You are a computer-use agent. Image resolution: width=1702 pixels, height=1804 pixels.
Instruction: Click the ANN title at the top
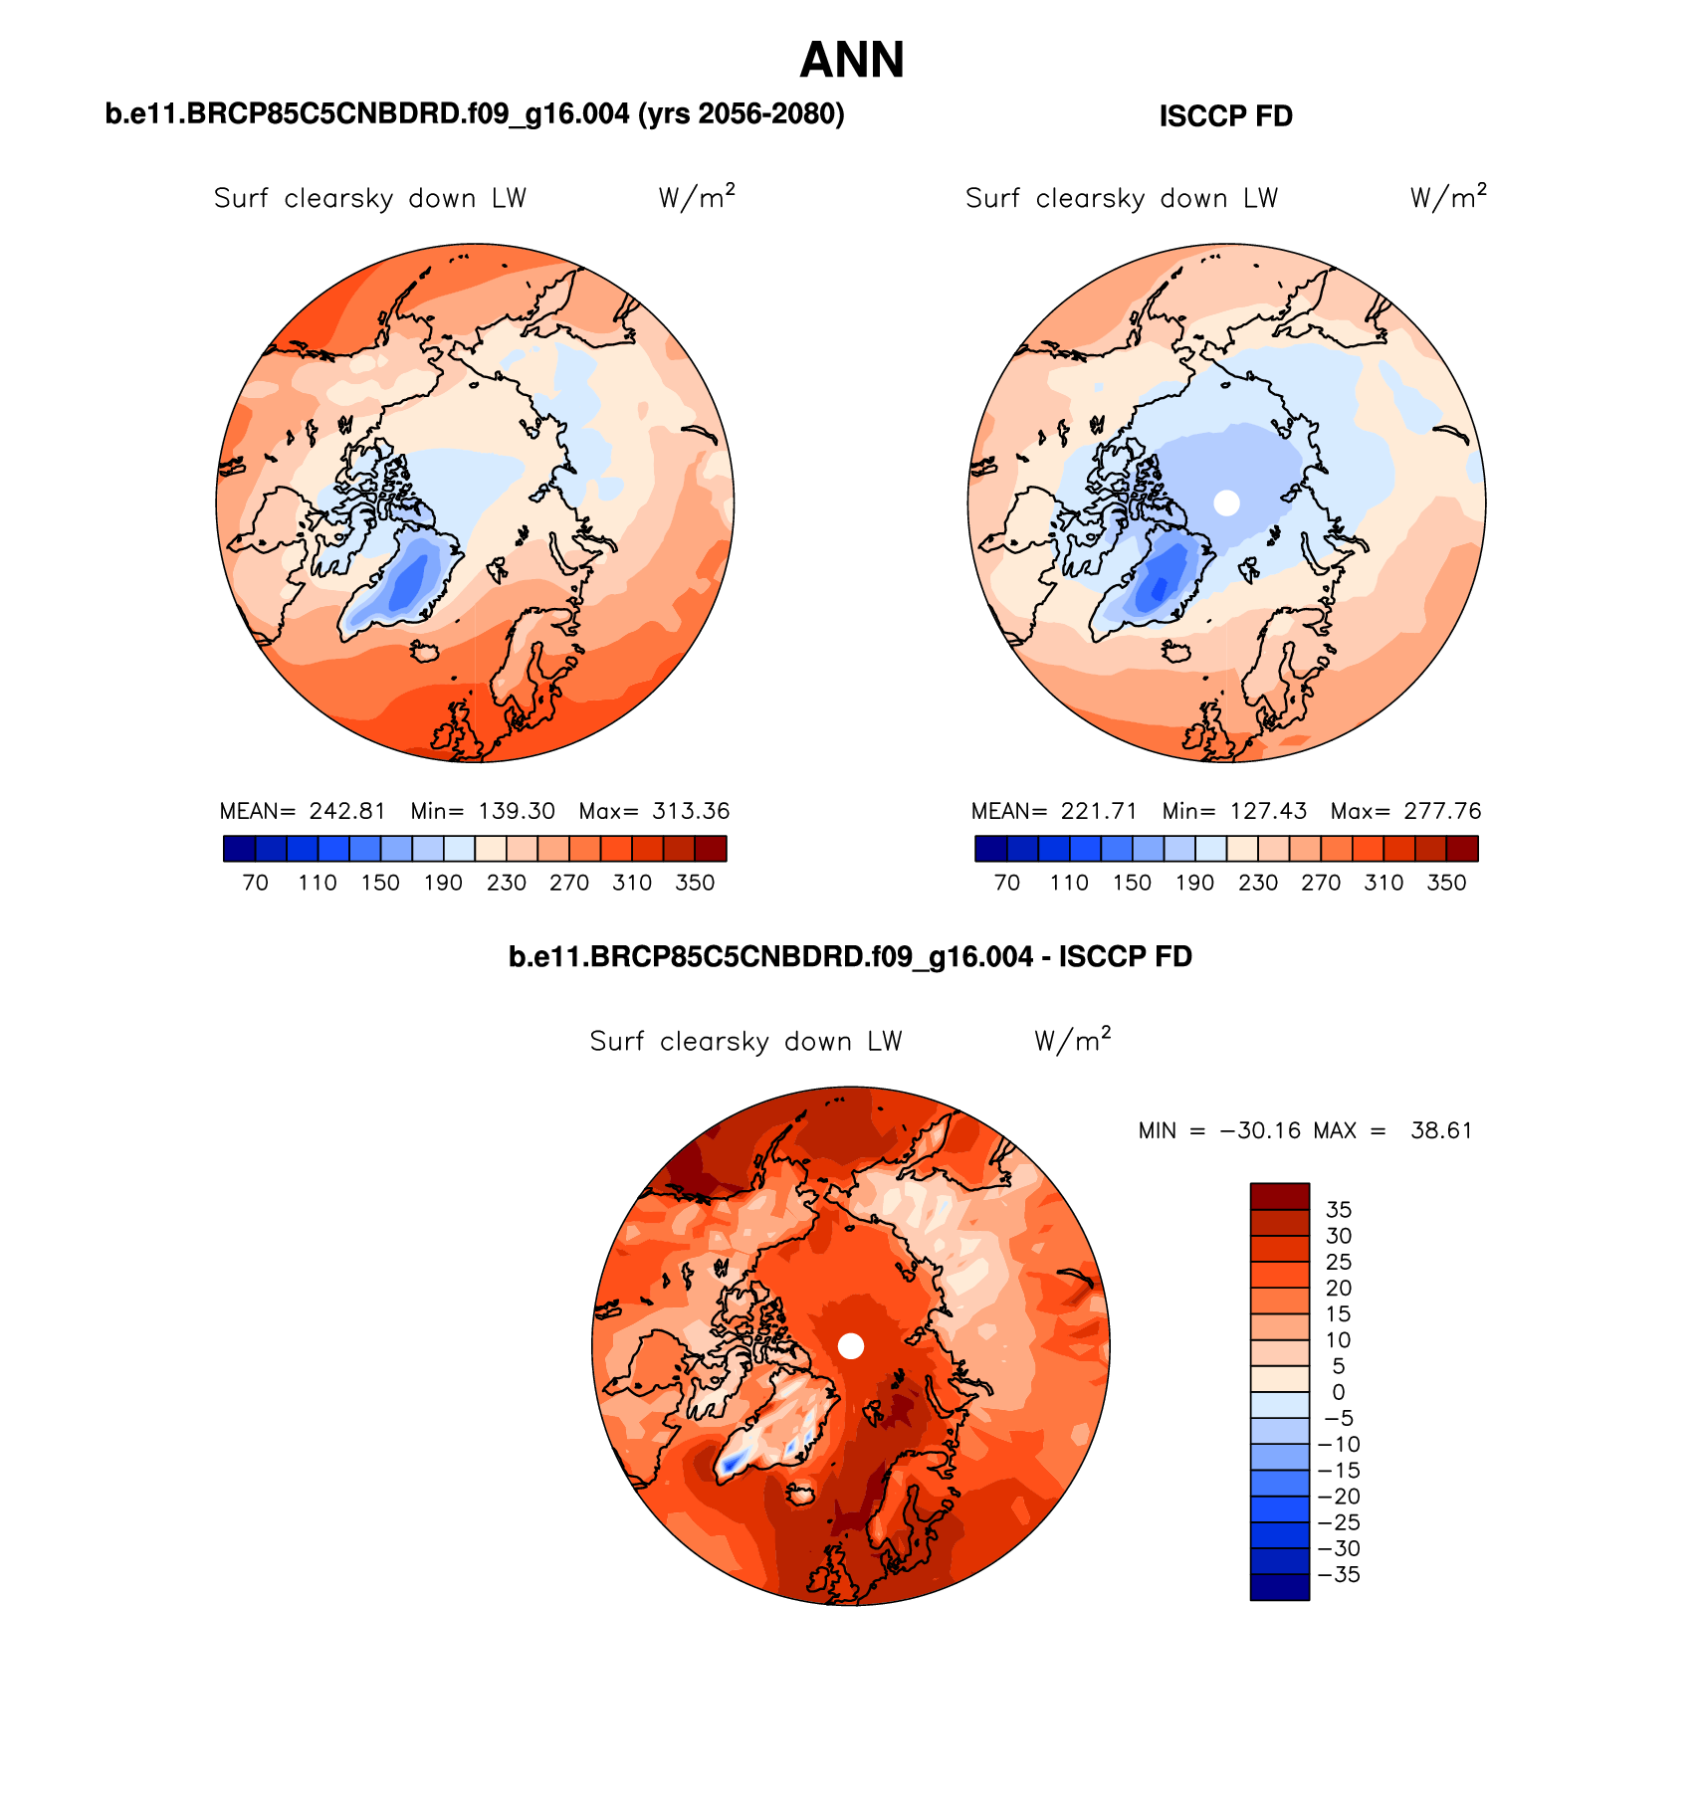pyautogui.click(x=852, y=61)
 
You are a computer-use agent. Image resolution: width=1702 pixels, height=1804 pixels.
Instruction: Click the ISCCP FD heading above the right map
pyautogui.click(x=1225, y=116)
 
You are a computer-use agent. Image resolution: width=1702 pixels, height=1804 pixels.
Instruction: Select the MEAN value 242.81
pyautogui.click(x=346, y=811)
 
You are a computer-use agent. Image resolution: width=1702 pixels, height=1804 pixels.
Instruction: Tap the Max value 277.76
pyautogui.click(x=1442, y=811)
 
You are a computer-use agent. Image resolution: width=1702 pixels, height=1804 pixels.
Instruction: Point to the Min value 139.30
pyautogui.click(x=517, y=811)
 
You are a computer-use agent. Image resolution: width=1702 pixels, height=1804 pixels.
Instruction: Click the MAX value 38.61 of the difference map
pyautogui.click(x=1440, y=1130)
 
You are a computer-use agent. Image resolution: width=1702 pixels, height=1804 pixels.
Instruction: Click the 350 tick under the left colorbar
pyautogui.click(x=695, y=883)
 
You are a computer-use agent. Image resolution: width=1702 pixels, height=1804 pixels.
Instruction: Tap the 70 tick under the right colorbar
pyautogui.click(x=1007, y=883)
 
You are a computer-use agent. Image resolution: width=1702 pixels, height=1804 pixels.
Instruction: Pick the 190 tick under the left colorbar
pyautogui.click(x=443, y=883)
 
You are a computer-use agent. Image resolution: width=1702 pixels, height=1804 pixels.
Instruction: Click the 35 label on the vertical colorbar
pyautogui.click(x=1339, y=1210)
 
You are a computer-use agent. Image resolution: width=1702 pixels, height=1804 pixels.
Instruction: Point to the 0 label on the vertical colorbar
pyautogui.click(x=1339, y=1392)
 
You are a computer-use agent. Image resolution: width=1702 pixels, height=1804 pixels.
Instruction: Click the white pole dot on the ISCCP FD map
pyautogui.click(x=1227, y=502)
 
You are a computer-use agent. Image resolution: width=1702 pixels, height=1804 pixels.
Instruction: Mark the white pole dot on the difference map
pyautogui.click(x=851, y=1345)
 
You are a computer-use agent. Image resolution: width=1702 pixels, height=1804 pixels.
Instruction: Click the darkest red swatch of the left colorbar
pyautogui.click(x=711, y=849)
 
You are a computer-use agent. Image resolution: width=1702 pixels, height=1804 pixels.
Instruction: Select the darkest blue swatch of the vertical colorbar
pyautogui.click(x=1279, y=1586)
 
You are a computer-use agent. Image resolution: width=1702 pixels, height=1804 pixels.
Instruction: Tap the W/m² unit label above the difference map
pyautogui.click(x=1072, y=1040)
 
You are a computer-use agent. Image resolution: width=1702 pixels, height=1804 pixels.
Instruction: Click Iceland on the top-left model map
pyautogui.click(x=426, y=651)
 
